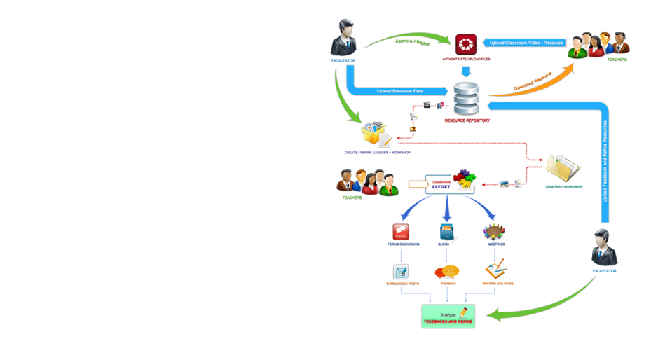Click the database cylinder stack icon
point(466,100)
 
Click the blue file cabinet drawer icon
point(446,233)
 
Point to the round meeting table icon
point(495,233)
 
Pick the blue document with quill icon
point(401,270)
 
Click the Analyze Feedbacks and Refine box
point(448,316)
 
